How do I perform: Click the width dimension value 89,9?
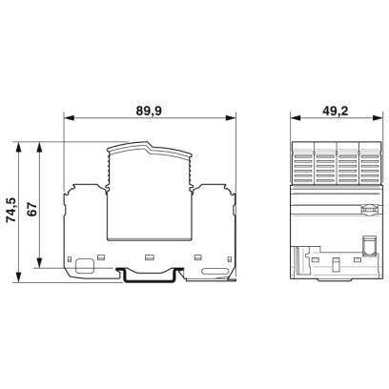(x=148, y=111)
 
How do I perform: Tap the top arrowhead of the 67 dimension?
(x=40, y=146)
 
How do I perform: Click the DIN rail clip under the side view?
(x=149, y=276)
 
